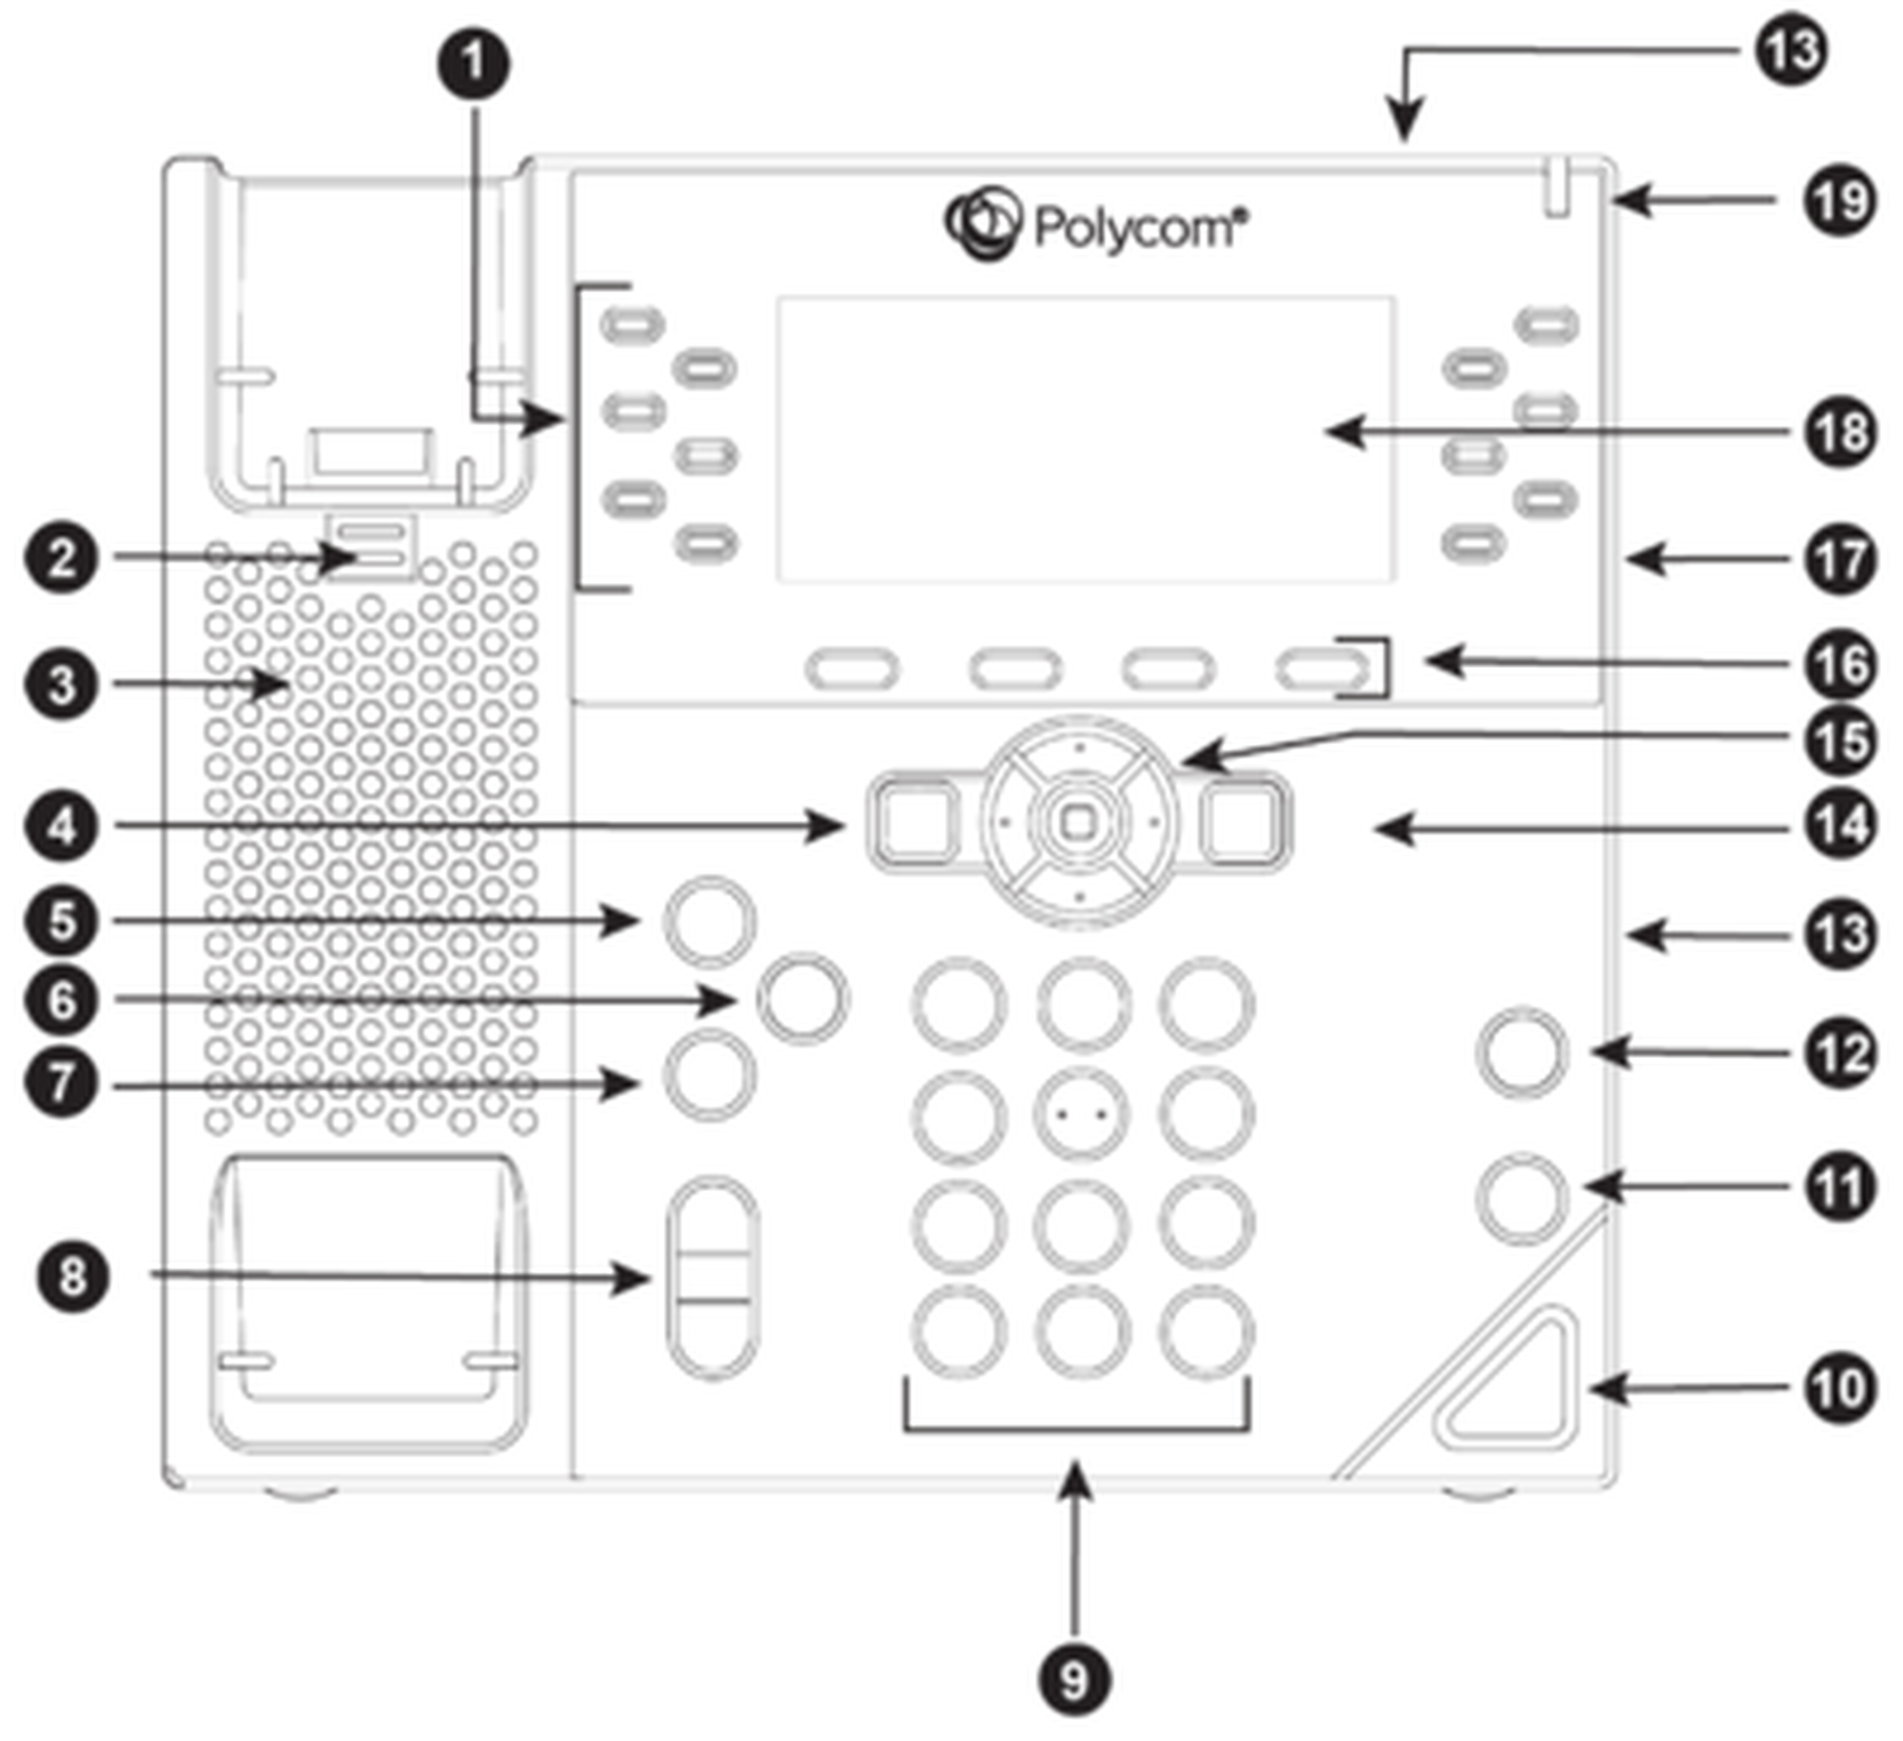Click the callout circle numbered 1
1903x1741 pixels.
473,65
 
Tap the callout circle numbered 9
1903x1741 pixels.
1075,1680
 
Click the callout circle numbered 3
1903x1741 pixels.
62,684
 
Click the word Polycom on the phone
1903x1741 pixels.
1137,228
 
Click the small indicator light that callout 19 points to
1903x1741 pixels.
1558,194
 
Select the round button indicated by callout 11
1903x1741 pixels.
1522,1198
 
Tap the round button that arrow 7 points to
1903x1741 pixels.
710,1077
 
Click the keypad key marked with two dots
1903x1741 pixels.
1082,1113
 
